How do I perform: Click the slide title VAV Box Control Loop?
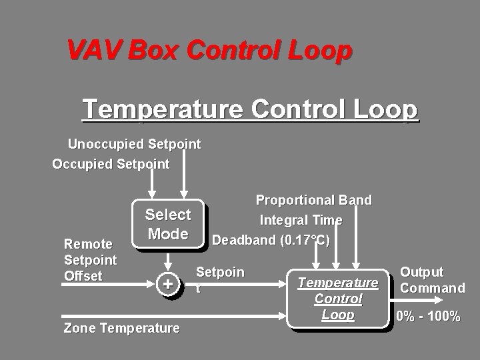click(x=209, y=49)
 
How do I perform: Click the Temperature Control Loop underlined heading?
click(x=250, y=109)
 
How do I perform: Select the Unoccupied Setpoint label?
click(x=134, y=144)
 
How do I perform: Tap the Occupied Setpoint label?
click(x=111, y=164)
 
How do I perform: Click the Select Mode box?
click(x=167, y=225)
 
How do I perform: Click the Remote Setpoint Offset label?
click(x=90, y=260)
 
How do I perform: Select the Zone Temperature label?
click(x=121, y=328)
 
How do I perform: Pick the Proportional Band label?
click(x=314, y=200)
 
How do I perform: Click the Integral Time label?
click(x=301, y=220)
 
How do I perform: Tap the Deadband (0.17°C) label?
click(x=271, y=239)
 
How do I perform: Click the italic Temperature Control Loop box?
click(x=337, y=299)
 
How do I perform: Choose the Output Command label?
click(x=432, y=280)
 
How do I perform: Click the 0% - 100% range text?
click(x=428, y=317)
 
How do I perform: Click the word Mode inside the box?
click(x=168, y=234)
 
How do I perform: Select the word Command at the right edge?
click(x=433, y=288)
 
